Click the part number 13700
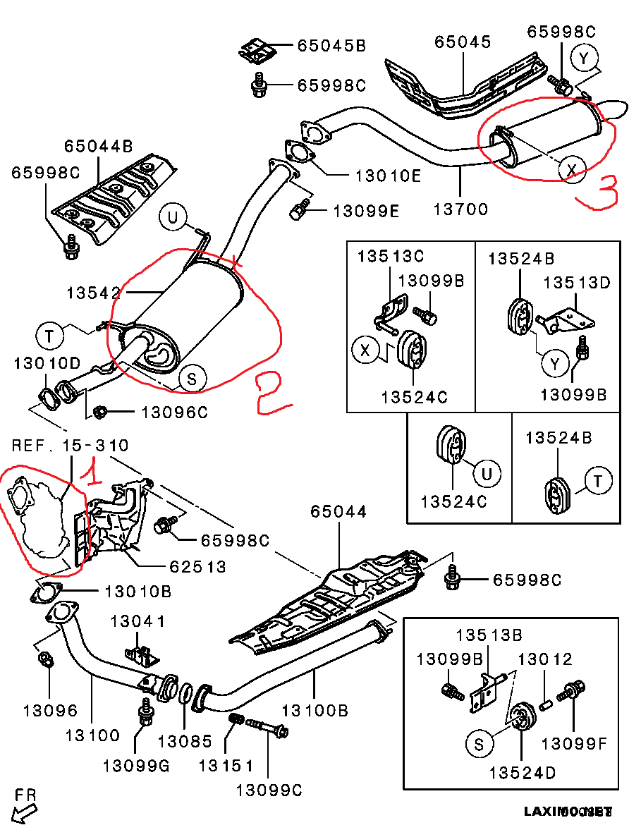461,209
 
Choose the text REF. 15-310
71,446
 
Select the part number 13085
185,741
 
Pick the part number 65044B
99,147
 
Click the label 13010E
388,176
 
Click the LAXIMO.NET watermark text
568,812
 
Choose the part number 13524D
523,773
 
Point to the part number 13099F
575,743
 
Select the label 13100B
315,710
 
